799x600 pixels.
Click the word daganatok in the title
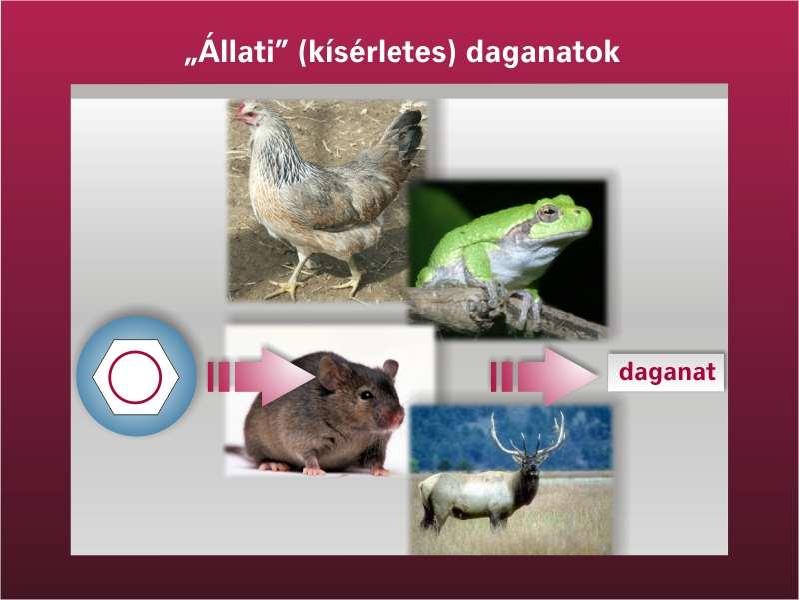543,53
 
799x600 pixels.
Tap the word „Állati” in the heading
237,51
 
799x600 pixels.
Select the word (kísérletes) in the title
377,53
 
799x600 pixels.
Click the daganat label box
666,372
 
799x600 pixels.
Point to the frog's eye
548,212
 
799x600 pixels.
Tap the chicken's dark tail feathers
406,134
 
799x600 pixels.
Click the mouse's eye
366,394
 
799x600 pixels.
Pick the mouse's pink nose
396,418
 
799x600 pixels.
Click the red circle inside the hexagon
135,377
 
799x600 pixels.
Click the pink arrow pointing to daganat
544,377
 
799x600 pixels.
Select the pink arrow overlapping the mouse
261,377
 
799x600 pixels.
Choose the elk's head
529,467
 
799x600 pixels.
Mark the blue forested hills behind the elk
511,438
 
